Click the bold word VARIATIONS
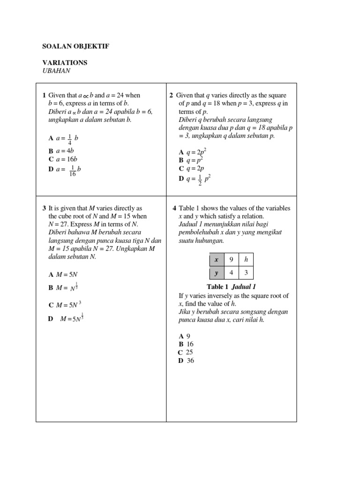pos(65,62)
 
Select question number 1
pos(44,96)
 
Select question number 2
pos(172,96)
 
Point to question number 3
pos(44,208)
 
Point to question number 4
pos(174,208)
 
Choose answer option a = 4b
pos(62,151)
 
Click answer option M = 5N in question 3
pos(63,274)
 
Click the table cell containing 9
pos(231,259)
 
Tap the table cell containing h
pos(246,259)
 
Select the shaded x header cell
pos(217,259)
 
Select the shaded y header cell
pos(217,273)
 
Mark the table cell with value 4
pos(231,273)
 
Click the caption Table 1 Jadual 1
pos(231,287)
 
